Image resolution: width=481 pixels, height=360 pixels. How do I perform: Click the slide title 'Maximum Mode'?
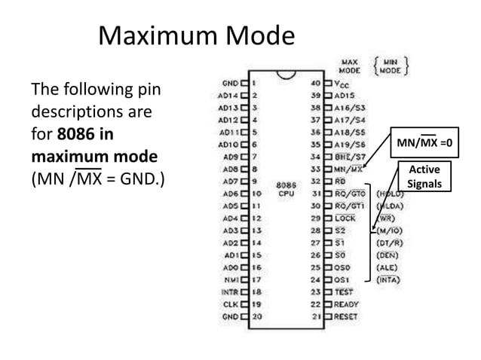click(198, 35)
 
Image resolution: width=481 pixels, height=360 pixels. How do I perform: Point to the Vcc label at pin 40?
click(344, 84)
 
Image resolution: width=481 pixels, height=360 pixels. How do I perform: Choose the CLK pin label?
click(231, 303)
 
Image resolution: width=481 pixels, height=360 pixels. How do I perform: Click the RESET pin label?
click(346, 316)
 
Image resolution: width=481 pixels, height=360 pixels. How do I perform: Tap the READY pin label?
click(346, 304)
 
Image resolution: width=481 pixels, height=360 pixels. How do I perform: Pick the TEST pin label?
click(343, 291)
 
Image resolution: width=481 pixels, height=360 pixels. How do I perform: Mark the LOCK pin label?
click(345, 218)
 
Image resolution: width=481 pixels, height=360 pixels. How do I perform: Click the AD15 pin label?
click(345, 96)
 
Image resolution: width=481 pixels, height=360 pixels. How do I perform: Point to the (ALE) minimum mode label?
click(386, 267)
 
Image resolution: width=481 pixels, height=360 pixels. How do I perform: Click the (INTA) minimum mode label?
click(388, 279)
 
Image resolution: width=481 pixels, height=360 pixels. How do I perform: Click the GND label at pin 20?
click(230, 316)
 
